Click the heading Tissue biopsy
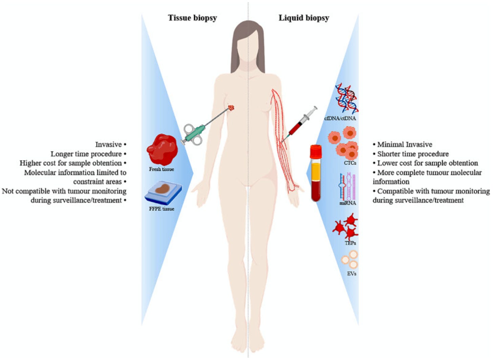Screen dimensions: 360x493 (x=192, y=18)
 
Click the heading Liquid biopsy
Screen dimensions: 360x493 (x=304, y=18)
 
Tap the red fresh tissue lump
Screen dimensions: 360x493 (x=162, y=149)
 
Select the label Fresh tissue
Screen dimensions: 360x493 (x=162, y=169)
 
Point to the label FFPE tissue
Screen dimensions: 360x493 (x=162, y=209)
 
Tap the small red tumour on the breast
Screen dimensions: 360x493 (x=231, y=108)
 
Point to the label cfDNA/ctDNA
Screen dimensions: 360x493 (x=340, y=119)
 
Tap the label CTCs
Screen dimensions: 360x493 (x=350, y=163)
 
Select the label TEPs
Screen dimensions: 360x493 (x=350, y=243)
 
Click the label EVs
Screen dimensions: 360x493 (x=351, y=274)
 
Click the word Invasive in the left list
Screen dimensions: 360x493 (x=108, y=145)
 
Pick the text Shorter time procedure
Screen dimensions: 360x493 (x=413, y=154)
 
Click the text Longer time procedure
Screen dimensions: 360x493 (x=86, y=154)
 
